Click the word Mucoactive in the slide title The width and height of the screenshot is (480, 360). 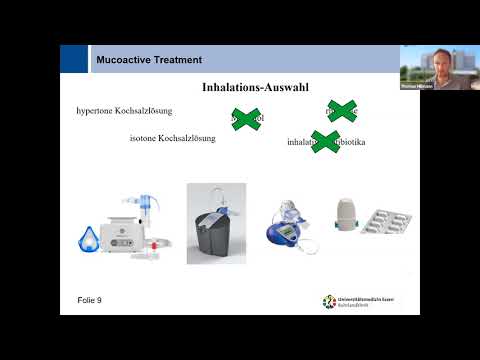(123, 60)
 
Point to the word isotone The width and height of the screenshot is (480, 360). (146, 138)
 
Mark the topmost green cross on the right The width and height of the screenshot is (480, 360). (342, 110)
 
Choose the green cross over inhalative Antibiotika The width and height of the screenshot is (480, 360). (325, 142)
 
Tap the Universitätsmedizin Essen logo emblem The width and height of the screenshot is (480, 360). (328, 301)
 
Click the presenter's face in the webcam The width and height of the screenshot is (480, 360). (437, 62)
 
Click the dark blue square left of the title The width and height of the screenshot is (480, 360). (73, 59)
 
